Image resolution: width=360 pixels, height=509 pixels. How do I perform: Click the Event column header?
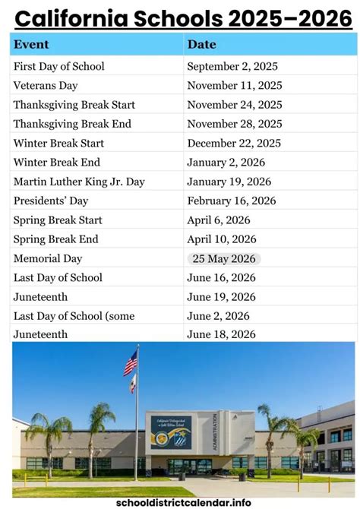coord(31,44)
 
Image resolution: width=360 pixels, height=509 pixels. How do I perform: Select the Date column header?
coord(201,44)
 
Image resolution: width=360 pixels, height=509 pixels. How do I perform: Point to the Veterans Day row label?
coord(46,86)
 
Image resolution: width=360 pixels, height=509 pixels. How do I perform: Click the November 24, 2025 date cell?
coord(234,105)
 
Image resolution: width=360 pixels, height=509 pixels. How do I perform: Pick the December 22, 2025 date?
coord(234,143)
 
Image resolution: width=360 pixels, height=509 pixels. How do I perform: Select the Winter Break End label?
coord(57,162)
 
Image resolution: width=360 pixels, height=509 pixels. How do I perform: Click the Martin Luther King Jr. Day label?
coord(79,182)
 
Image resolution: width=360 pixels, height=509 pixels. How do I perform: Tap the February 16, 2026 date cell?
coord(232,201)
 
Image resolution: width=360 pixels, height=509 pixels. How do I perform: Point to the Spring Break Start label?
coord(58,220)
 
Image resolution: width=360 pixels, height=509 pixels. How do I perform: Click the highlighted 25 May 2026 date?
coord(224,258)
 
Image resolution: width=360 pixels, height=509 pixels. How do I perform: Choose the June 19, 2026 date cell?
coord(221,296)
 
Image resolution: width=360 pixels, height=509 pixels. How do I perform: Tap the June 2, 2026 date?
coord(218,315)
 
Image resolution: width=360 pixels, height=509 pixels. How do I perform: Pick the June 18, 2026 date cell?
coord(221,334)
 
